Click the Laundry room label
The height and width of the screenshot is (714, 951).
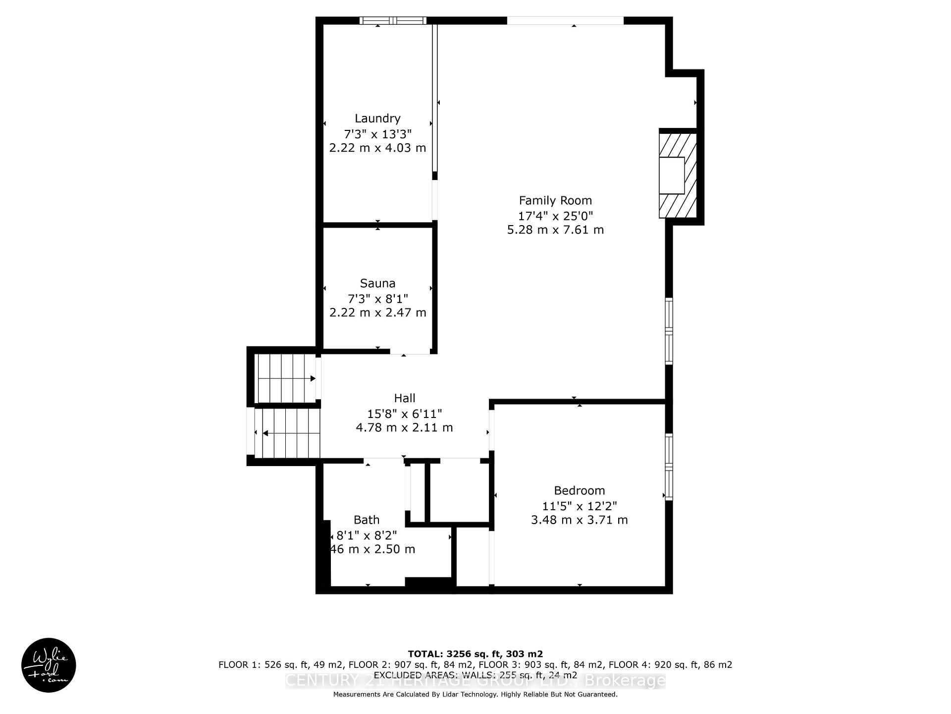(x=377, y=119)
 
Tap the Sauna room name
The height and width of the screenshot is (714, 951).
(x=377, y=283)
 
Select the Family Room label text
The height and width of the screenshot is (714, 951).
(x=555, y=200)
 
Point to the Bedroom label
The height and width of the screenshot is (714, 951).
(x=579, y=490)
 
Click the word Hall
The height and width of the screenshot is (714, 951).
(x=404, y=398)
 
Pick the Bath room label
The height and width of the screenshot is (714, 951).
(x=367, y=520)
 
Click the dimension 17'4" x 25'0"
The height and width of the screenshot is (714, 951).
(x=555, y=216)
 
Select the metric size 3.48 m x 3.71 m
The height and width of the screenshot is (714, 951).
(x=579, y=520)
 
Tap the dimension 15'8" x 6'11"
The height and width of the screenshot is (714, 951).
(x=404, y=413)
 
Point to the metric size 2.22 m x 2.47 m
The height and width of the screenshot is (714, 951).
(x=377, y=312)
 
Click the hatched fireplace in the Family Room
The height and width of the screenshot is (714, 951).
(x=677, y=175)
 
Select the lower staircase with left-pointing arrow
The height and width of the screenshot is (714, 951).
(x=287, y=433)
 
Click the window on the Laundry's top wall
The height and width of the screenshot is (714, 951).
(x=392, y=21)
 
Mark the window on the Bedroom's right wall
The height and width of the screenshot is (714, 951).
(x=669, y=466)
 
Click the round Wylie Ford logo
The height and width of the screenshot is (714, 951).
(x=49, y=664)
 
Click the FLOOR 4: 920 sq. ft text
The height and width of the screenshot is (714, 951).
(x=670, y=665)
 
